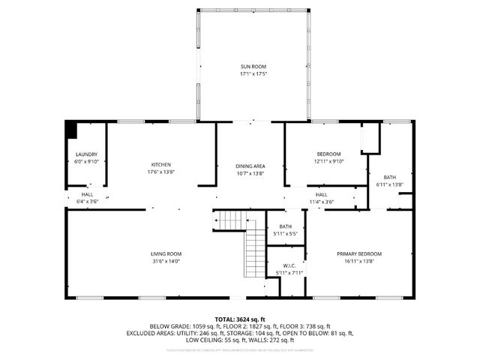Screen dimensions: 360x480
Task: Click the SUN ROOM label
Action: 254,67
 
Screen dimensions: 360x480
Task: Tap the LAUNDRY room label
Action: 86,154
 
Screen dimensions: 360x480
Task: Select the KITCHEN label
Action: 161,164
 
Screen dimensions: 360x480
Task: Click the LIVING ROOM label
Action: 166,253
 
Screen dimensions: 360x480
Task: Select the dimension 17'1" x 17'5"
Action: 254,74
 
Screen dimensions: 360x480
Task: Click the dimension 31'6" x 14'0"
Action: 166,261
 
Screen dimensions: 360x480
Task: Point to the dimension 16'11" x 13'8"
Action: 359,261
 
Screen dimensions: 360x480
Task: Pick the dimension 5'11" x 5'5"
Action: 286,234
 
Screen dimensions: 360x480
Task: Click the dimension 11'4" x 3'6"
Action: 321,202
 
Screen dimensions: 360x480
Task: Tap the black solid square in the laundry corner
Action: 71,130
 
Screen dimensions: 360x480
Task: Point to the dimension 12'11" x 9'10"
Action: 328,161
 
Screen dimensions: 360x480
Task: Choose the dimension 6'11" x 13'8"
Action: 389,184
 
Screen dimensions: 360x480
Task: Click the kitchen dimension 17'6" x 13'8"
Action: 161,172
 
